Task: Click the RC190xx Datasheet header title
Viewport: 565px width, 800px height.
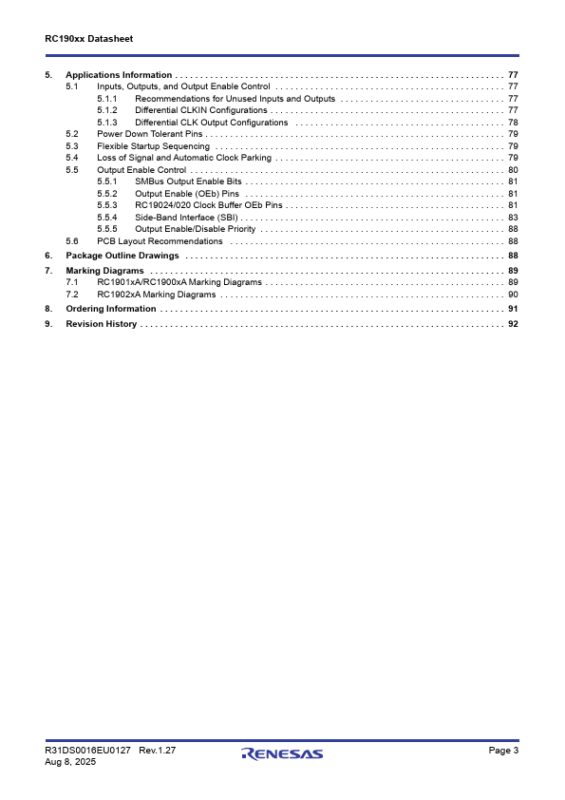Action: (x=88, y=39)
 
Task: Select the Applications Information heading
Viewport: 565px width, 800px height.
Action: (x=119, y=75)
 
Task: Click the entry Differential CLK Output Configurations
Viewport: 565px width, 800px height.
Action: (x=211, y=123)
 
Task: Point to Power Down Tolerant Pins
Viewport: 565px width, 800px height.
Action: (x=151, y=134)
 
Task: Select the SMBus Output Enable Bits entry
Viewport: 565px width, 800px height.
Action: (x=188, y=181)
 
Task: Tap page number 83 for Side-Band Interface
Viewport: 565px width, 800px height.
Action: (x=513, y=217)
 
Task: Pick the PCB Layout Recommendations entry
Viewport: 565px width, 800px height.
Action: (x=160, y=241)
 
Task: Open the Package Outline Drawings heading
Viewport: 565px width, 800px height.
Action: (x=122, y=256)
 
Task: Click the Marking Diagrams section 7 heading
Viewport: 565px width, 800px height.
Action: (x=104, y=271)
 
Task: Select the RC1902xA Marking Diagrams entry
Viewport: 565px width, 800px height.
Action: (x=157, y=295)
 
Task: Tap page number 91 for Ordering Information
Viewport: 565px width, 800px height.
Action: (x=513, y=309)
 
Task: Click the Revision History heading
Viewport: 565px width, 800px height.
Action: (x=101, y=324)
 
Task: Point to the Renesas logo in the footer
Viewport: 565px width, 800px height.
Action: (x=282, y=754)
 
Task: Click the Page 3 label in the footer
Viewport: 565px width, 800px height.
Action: (x=503, y=751)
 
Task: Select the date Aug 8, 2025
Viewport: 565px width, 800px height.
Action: (x=69, y=762)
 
